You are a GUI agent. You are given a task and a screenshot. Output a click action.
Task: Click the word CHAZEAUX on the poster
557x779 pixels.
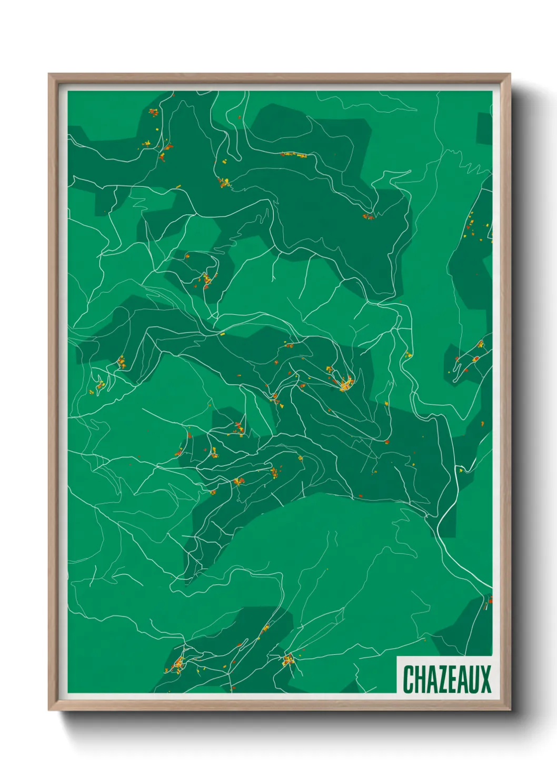447,679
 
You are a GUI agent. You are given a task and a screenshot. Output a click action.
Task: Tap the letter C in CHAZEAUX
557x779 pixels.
409,679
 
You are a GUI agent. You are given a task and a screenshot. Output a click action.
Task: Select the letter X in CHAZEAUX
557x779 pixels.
485,679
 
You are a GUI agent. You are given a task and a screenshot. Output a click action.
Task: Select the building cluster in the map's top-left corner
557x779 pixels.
153,112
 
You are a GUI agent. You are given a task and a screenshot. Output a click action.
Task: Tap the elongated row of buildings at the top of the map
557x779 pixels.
294,155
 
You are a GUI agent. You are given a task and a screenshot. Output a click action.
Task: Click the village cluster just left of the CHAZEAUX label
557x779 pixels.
288,660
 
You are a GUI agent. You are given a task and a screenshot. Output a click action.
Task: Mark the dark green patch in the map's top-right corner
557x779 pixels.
484,129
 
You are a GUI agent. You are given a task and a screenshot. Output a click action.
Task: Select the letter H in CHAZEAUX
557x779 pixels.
420,679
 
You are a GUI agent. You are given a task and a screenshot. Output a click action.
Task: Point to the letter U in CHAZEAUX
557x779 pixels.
474,679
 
